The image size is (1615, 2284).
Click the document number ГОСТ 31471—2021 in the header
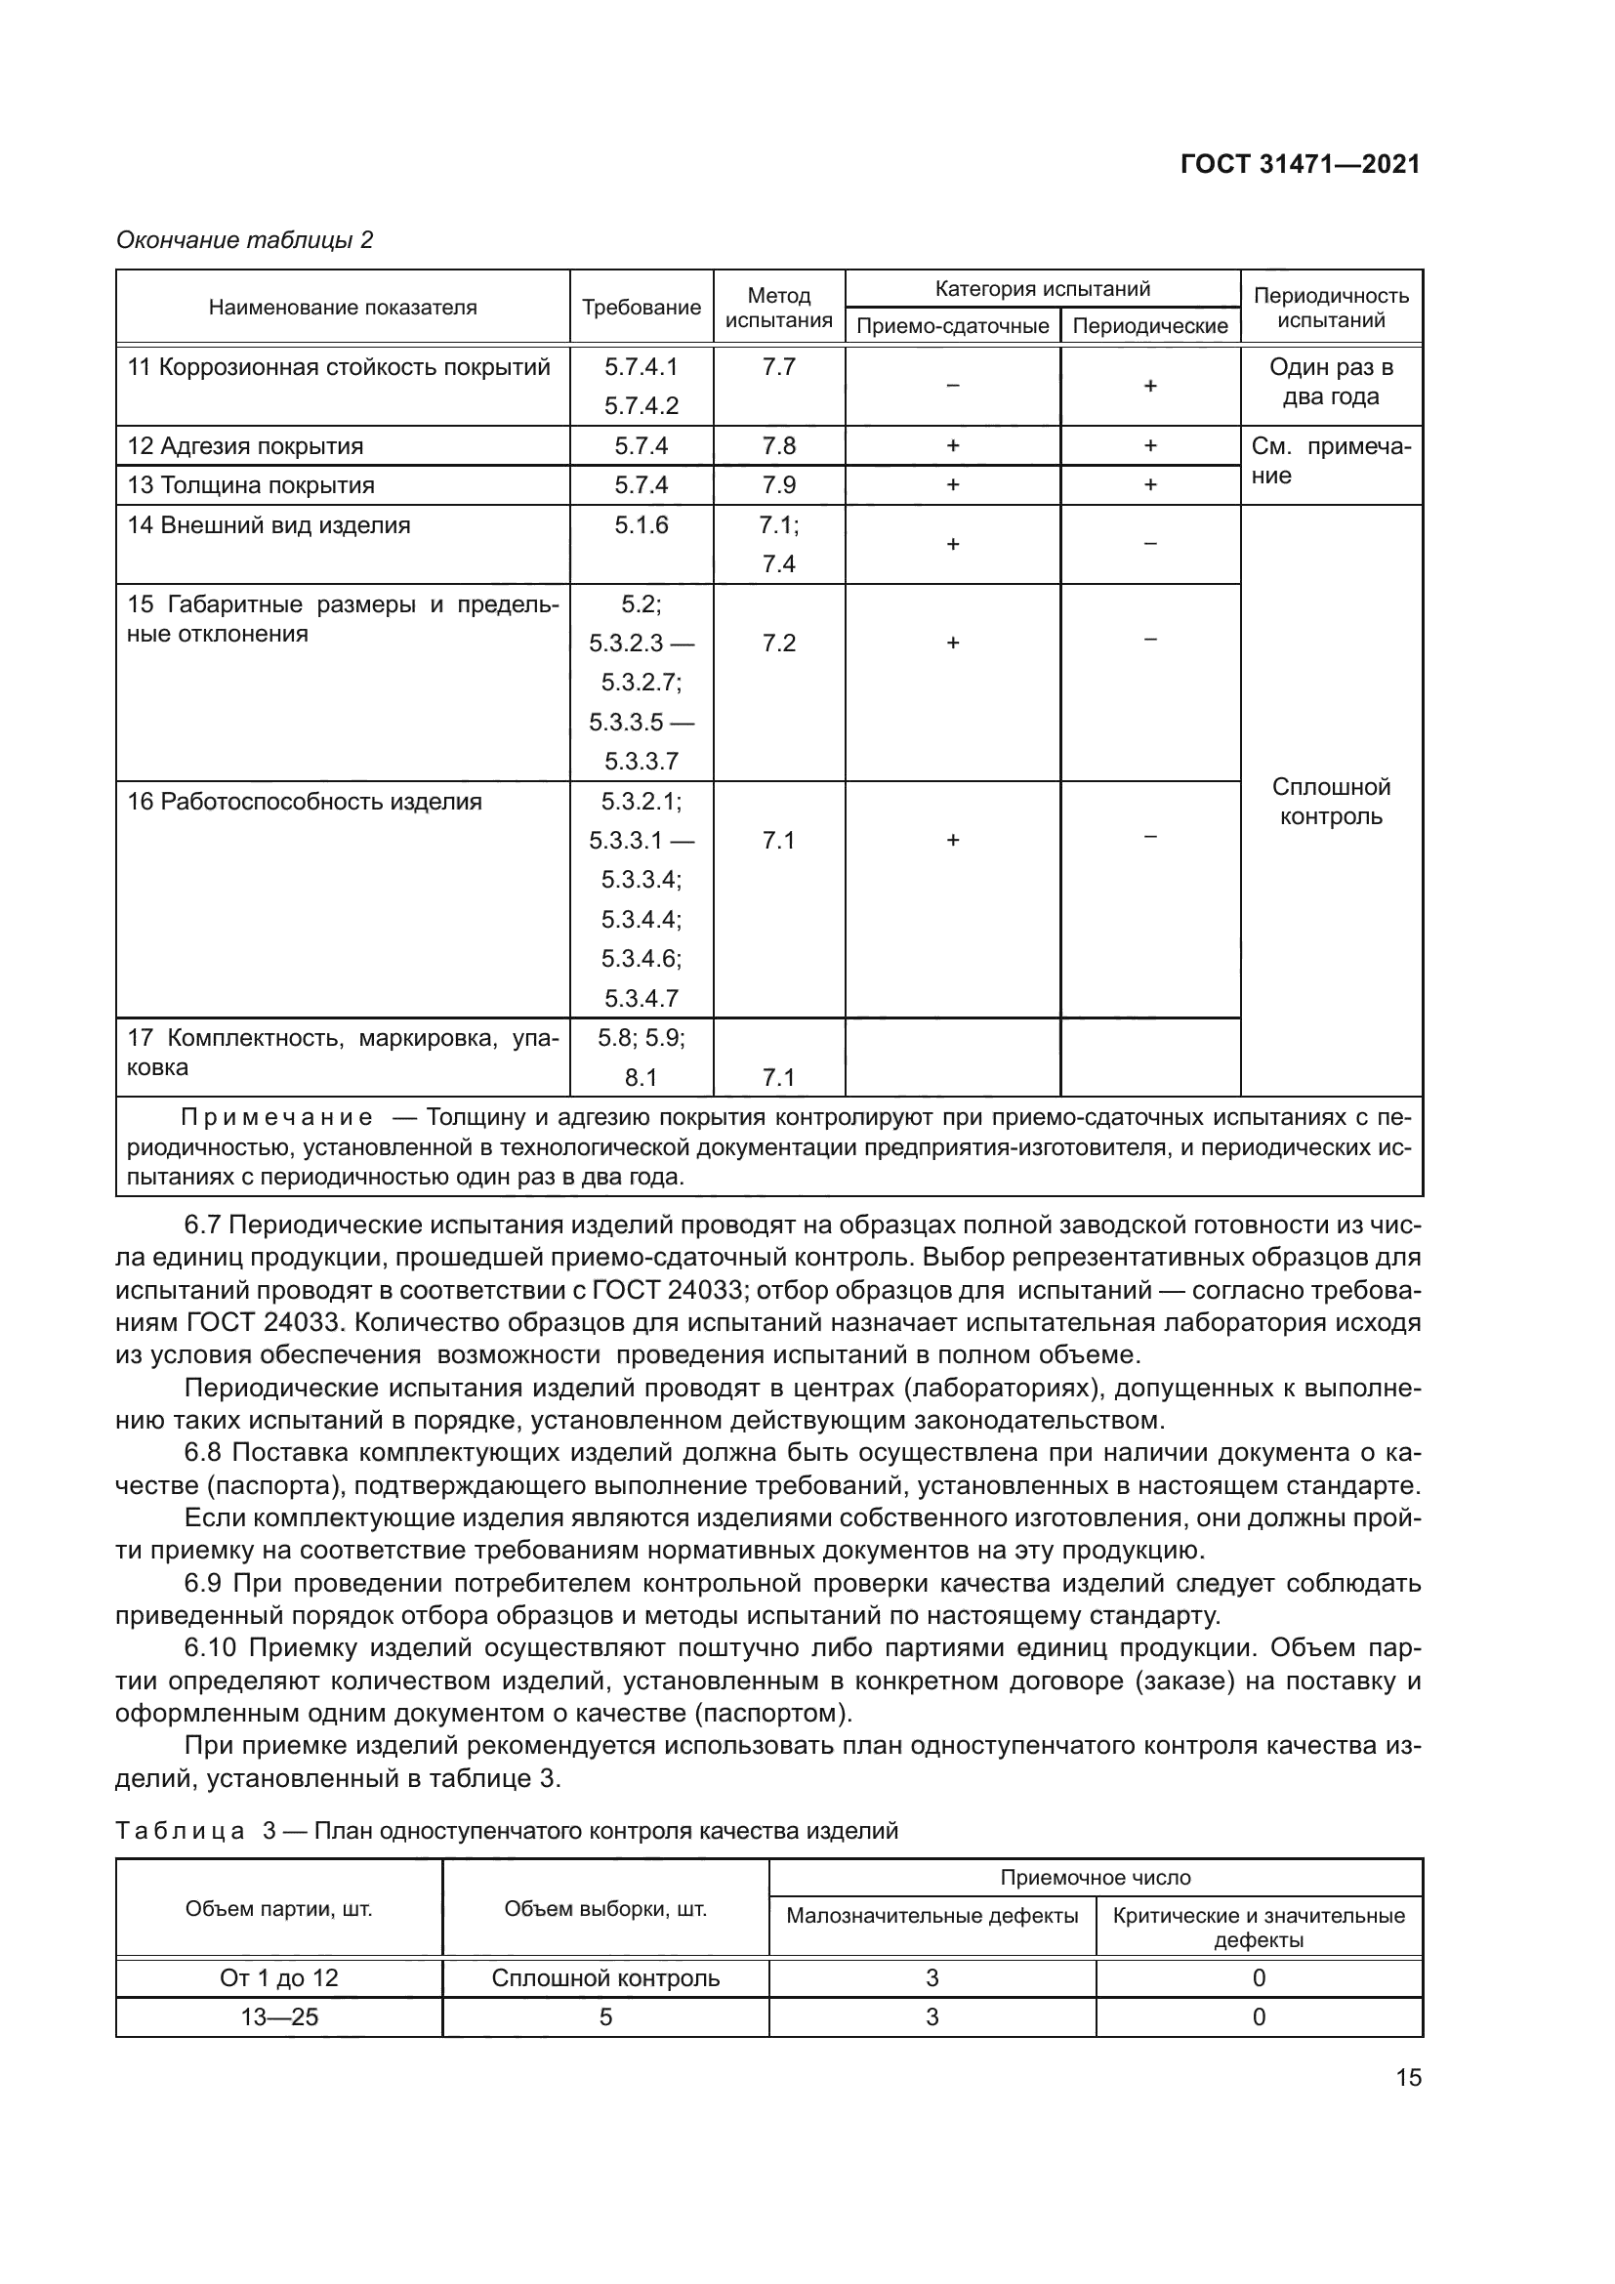[1300, 164]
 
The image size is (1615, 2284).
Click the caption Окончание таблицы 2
[245, 240]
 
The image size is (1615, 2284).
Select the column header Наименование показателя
[342, 308]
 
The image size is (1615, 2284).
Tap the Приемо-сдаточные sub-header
[952, 326]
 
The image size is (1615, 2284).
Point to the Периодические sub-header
[1149, 326]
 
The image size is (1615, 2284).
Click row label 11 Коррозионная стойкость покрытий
[338, 367]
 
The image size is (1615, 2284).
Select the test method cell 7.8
[778, 445]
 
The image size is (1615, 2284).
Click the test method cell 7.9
[778, 485]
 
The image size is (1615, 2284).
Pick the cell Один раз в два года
[1331, 382]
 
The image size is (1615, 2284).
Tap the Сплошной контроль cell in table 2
[1331, 802]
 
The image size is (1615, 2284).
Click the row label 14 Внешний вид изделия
[269, 525]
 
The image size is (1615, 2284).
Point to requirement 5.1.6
[641, 525]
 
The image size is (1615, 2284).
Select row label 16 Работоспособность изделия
[305, 802]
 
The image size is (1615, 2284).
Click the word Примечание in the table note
[277, 1117]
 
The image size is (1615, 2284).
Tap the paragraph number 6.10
[210, 1648]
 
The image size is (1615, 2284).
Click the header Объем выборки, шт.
[604, 1908]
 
